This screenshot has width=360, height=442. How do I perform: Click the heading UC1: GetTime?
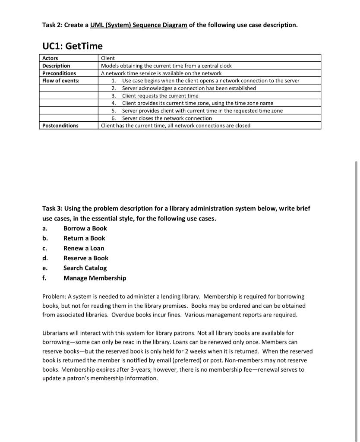point(72,45)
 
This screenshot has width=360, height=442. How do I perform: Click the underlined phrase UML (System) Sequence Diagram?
point(139,25)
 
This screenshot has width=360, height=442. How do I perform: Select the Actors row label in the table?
point(50,58)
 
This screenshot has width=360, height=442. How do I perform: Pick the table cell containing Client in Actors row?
point(108,58)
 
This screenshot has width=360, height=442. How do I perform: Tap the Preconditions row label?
point(59,73)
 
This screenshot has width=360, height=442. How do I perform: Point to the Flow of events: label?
point(61,81)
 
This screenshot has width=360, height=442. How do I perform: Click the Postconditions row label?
point(60,126)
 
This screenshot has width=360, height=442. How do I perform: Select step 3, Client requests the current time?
point(160,96)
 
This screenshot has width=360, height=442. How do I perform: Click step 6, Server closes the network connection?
point(167,118)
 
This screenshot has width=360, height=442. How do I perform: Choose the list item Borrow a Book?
point(85,228)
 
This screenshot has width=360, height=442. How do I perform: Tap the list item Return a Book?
point(84,238)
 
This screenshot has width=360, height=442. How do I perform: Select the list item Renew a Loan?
point(84,248)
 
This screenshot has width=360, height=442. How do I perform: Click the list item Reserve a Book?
point(86,258)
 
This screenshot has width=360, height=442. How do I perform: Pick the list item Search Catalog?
point(85,268)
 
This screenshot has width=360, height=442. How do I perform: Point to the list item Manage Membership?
point(95,278)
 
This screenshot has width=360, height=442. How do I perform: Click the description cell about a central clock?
point(166,66)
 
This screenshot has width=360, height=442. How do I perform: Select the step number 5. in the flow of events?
point(114,111)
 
